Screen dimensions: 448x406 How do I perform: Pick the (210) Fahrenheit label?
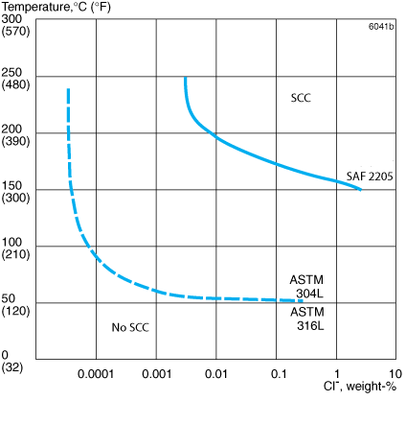[15, 255]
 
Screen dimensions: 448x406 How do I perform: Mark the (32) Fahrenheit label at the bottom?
[12, 367]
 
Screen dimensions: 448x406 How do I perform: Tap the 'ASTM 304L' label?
[307, 287]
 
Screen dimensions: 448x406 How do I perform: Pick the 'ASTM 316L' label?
[307, 319]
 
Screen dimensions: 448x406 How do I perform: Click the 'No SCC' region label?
[130, 328]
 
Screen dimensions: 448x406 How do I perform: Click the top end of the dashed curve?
[68, 89]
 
